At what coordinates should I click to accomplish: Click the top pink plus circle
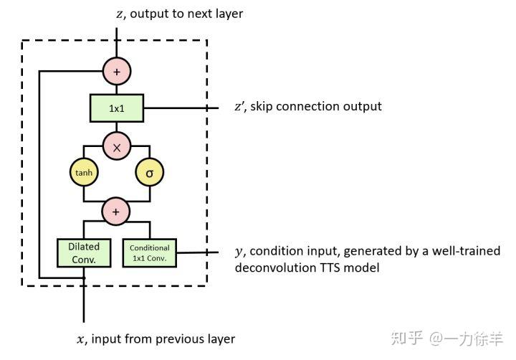pos(116,71)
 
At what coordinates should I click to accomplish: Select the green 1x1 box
pos(116,108)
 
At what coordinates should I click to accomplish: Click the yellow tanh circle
pos(83,173)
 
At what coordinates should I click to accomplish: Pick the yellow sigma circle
pos(149,173)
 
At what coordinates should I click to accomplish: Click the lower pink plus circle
pos(116,211)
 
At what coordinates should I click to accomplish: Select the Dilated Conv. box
pos(84,252)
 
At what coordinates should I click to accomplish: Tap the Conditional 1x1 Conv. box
pos(150,252)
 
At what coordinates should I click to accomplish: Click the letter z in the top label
pos(119,14)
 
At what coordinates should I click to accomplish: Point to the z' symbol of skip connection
pos(239,107)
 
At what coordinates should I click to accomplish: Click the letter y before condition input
pos(239,252)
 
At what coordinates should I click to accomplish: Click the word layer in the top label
pos(228,14)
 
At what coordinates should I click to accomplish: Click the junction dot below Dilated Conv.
pos(84,278)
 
